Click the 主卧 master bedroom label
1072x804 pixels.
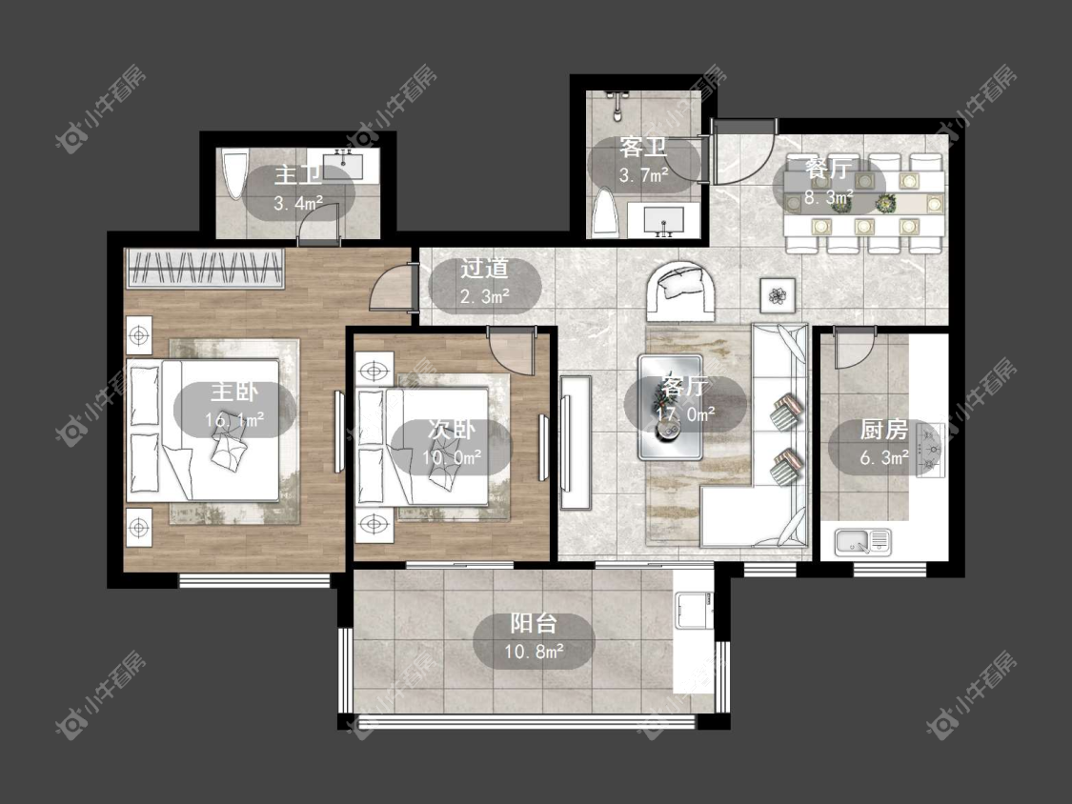[x=234, y=392]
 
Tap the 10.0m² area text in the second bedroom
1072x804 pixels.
[x=452, y=456]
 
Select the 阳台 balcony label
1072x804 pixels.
[x=534, y=624]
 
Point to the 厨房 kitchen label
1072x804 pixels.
[x=884, y=430]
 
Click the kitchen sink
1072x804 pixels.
[x=862, y=542]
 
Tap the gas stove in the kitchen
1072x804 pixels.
[x=930, y=449]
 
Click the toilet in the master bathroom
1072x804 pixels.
[x=235, y=175]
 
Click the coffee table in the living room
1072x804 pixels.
[x=671, y=407]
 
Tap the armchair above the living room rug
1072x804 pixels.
[x=681, y=291]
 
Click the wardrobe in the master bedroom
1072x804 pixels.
[x=205, y=268]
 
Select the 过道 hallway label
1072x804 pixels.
[x=484, y=269]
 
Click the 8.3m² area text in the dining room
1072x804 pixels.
[x=828, y=197]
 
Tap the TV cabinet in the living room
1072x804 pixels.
[x=576, y=442]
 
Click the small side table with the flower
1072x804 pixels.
[x=778, y=295]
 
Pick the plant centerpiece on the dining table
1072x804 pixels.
[x=887, y=202]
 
